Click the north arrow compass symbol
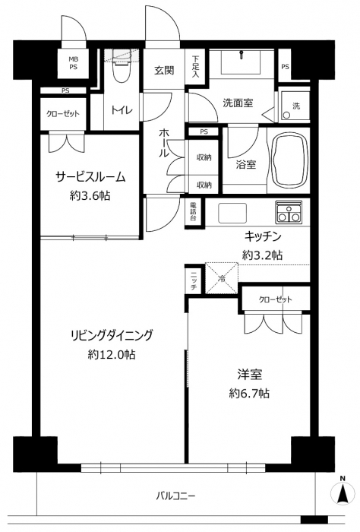click(x=343, y=492)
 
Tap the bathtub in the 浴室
click(x=290, y=160)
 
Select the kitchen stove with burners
click(x=289, y=212)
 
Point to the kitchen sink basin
click(x=232, y=213)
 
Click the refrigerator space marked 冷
click(x=222, y=277)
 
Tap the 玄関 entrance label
click(x=164, y=71)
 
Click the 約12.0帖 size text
click(x=112, y=355)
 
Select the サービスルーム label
click(x=90, y=177)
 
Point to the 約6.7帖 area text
click(x=249, y=394)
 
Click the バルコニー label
click(x=175, y=496)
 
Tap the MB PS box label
click(x=74, y=63)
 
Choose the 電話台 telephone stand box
click(x=193, y=212)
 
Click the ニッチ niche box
click(x=194, y=282)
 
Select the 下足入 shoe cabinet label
click(x=196, y=66)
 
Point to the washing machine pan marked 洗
click(x=294, y=104)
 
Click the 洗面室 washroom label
click(x=238, y=103)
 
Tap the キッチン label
click(x=263, y=236)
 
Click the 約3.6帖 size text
click(x=90, y=196)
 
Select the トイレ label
click(x=122, y=109)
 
